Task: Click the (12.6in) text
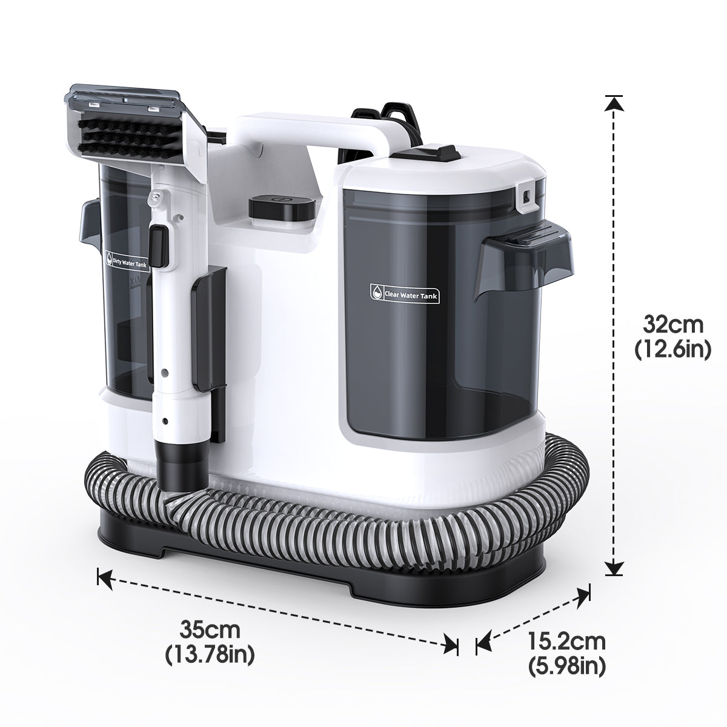(x=672, y=350)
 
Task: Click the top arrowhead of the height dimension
(x=614, y=104)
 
